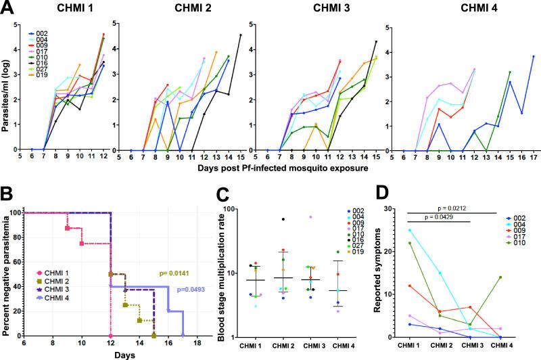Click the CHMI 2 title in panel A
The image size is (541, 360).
pos(178,9)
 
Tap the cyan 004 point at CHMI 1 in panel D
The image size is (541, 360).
pos(408,229)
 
